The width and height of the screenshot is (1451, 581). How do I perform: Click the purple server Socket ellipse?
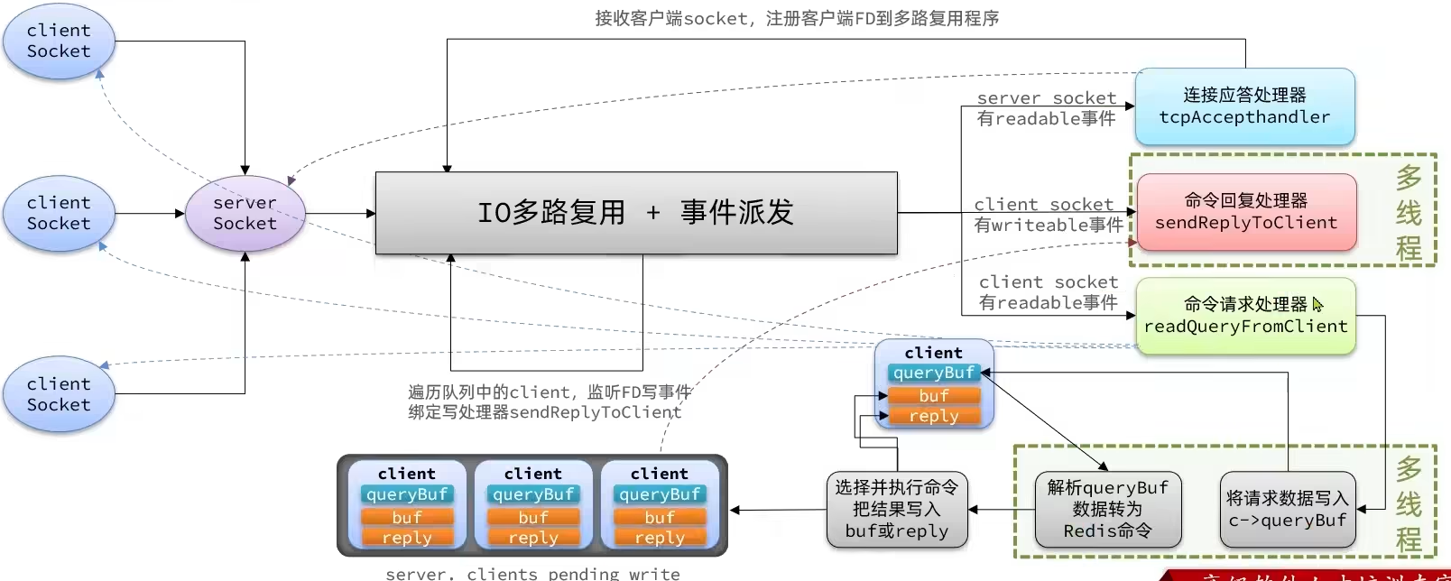245,214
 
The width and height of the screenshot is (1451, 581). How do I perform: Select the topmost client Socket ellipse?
59,41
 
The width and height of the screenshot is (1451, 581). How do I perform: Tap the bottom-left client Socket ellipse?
59,394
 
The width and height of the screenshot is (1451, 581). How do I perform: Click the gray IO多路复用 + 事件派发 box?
636,213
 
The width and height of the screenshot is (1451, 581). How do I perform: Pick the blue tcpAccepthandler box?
1244,106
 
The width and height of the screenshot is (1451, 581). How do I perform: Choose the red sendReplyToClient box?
1246,212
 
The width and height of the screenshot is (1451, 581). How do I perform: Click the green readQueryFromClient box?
1245,316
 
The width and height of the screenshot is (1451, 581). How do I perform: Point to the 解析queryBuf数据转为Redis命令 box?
1107,510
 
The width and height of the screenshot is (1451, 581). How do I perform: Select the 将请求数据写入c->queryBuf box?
1287,510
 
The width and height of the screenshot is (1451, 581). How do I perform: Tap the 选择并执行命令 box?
896,510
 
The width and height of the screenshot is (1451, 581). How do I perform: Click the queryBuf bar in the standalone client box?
934,373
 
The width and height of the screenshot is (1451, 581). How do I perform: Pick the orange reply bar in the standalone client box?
934,416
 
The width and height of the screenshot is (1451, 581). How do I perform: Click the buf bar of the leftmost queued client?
407,517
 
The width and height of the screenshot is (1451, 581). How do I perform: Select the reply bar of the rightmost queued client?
660,538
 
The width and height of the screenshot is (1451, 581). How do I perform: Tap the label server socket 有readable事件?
1046,108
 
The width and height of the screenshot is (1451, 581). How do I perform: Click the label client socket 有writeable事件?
1047,215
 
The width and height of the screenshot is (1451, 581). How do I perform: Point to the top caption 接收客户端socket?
796,18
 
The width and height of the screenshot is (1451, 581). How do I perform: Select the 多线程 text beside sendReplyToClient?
1409,212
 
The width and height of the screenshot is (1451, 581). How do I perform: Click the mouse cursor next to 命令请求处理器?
1317,304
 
